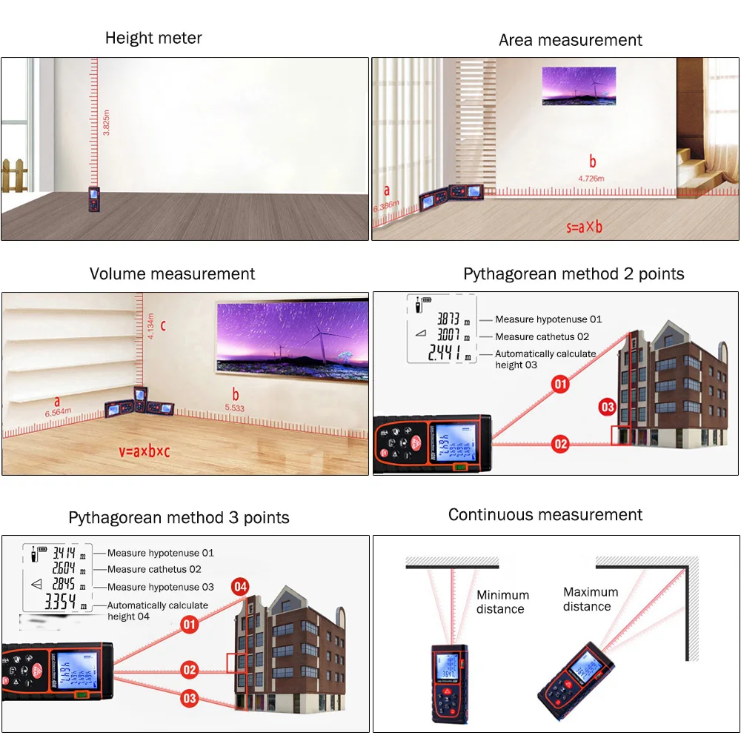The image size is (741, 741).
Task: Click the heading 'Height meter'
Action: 153,38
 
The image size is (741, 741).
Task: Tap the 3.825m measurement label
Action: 107,119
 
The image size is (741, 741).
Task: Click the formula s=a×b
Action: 584,226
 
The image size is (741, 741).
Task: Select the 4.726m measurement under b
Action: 591,179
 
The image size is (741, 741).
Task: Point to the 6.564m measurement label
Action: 58,413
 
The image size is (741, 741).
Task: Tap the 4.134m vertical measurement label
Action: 151,327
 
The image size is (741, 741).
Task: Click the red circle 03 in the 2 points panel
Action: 608,407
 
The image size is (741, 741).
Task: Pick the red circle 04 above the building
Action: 239,587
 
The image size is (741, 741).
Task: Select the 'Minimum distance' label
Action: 502,602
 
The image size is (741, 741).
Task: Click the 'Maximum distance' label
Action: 590,599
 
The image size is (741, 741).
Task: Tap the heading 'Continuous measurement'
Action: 545,515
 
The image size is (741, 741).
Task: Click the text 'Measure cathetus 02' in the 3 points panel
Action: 154,569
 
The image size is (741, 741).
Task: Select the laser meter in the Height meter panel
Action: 95,198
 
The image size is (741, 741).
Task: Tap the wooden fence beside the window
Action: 14,175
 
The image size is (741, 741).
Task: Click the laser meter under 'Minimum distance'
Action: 449,682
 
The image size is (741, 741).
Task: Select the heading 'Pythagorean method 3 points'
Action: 179,517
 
